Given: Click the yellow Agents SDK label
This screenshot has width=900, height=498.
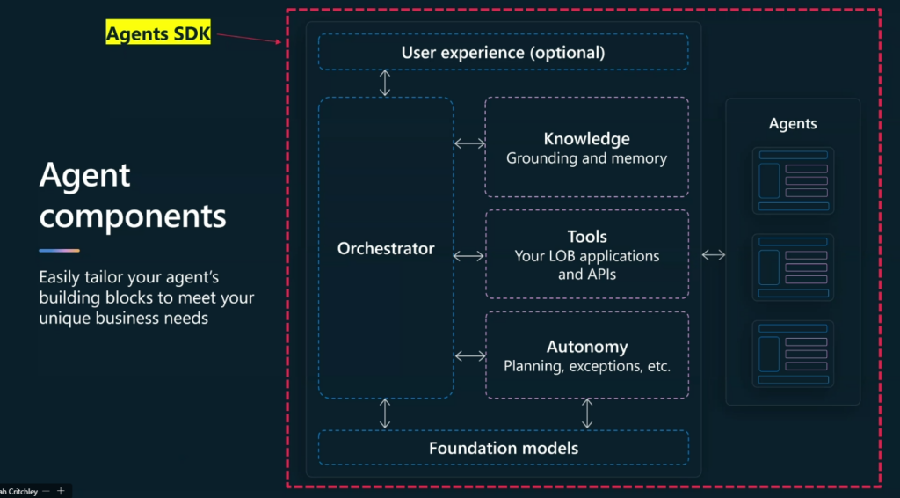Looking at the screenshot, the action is coord(158,33).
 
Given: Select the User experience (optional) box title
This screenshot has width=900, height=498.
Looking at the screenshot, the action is coord(503,53).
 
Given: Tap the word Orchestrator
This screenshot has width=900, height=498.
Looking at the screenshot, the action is coord(386,248).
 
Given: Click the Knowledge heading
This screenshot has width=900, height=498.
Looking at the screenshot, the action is coord(586,139).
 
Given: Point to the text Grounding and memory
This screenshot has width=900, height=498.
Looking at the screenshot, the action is coord(586,158).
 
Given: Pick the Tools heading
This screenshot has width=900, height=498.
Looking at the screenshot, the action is coord(586,237).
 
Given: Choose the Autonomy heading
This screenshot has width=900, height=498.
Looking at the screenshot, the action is coord(587,347).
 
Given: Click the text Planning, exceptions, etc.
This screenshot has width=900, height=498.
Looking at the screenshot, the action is coord(587,366).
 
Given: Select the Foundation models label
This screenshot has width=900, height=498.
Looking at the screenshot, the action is coord(504,448).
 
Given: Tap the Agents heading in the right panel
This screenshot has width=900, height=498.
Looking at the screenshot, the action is coord(793,123).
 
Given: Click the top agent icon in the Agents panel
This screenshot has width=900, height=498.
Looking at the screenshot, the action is coord(794,180).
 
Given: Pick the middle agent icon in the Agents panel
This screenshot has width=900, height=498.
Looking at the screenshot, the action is coord(794,267).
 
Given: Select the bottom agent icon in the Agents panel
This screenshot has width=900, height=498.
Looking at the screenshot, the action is coord(794,354).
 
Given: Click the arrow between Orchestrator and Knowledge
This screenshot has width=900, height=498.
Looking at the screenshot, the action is coord(469,143).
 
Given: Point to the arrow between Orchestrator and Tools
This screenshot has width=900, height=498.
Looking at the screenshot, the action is coord(469,256).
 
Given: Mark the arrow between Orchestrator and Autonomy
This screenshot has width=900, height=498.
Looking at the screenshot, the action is coord(470,356).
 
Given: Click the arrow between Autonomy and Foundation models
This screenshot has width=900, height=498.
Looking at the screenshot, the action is coord(586,414).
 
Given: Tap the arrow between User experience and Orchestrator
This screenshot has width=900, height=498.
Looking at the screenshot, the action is coord(385,83).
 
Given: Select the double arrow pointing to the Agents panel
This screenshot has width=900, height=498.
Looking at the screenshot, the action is coord(714,254).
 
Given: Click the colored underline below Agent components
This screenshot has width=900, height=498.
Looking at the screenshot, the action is coord(59,251).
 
